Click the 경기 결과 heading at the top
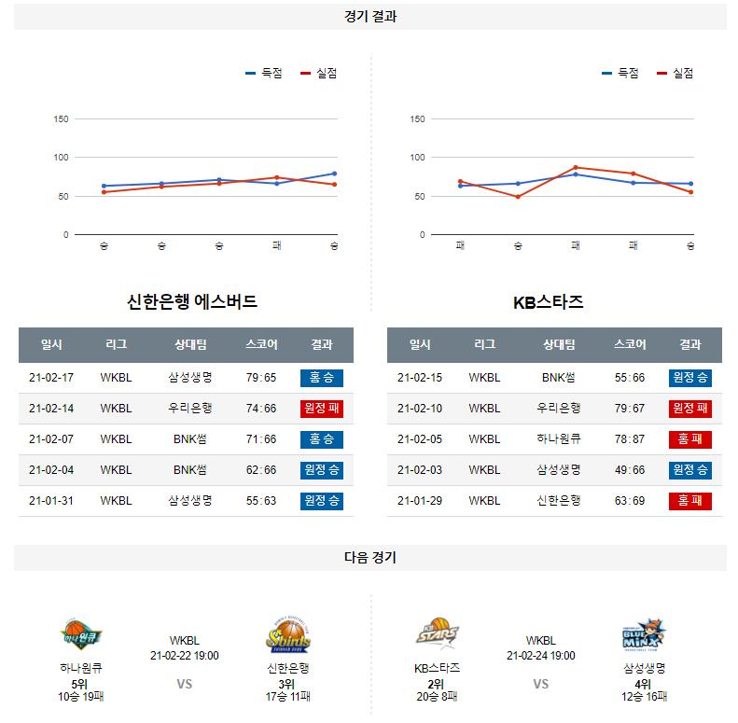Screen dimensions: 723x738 369,17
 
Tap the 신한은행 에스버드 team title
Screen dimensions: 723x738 192,301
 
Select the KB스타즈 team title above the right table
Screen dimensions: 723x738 549,301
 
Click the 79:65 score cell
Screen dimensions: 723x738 261,378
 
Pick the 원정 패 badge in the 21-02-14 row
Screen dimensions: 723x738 322,409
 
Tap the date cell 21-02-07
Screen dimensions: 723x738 51,439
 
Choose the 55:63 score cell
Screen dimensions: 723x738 261,501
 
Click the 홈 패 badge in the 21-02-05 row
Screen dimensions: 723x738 690,439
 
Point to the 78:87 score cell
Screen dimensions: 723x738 630,439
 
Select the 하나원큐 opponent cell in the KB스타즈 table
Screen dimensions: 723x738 559,439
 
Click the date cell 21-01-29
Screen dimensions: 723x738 420,501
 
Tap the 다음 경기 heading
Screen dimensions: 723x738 369,558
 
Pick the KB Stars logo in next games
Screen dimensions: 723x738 438,635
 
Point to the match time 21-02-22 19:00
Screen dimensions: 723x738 185,656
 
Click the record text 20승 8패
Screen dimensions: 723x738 438,696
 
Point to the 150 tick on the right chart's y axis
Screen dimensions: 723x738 418,119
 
